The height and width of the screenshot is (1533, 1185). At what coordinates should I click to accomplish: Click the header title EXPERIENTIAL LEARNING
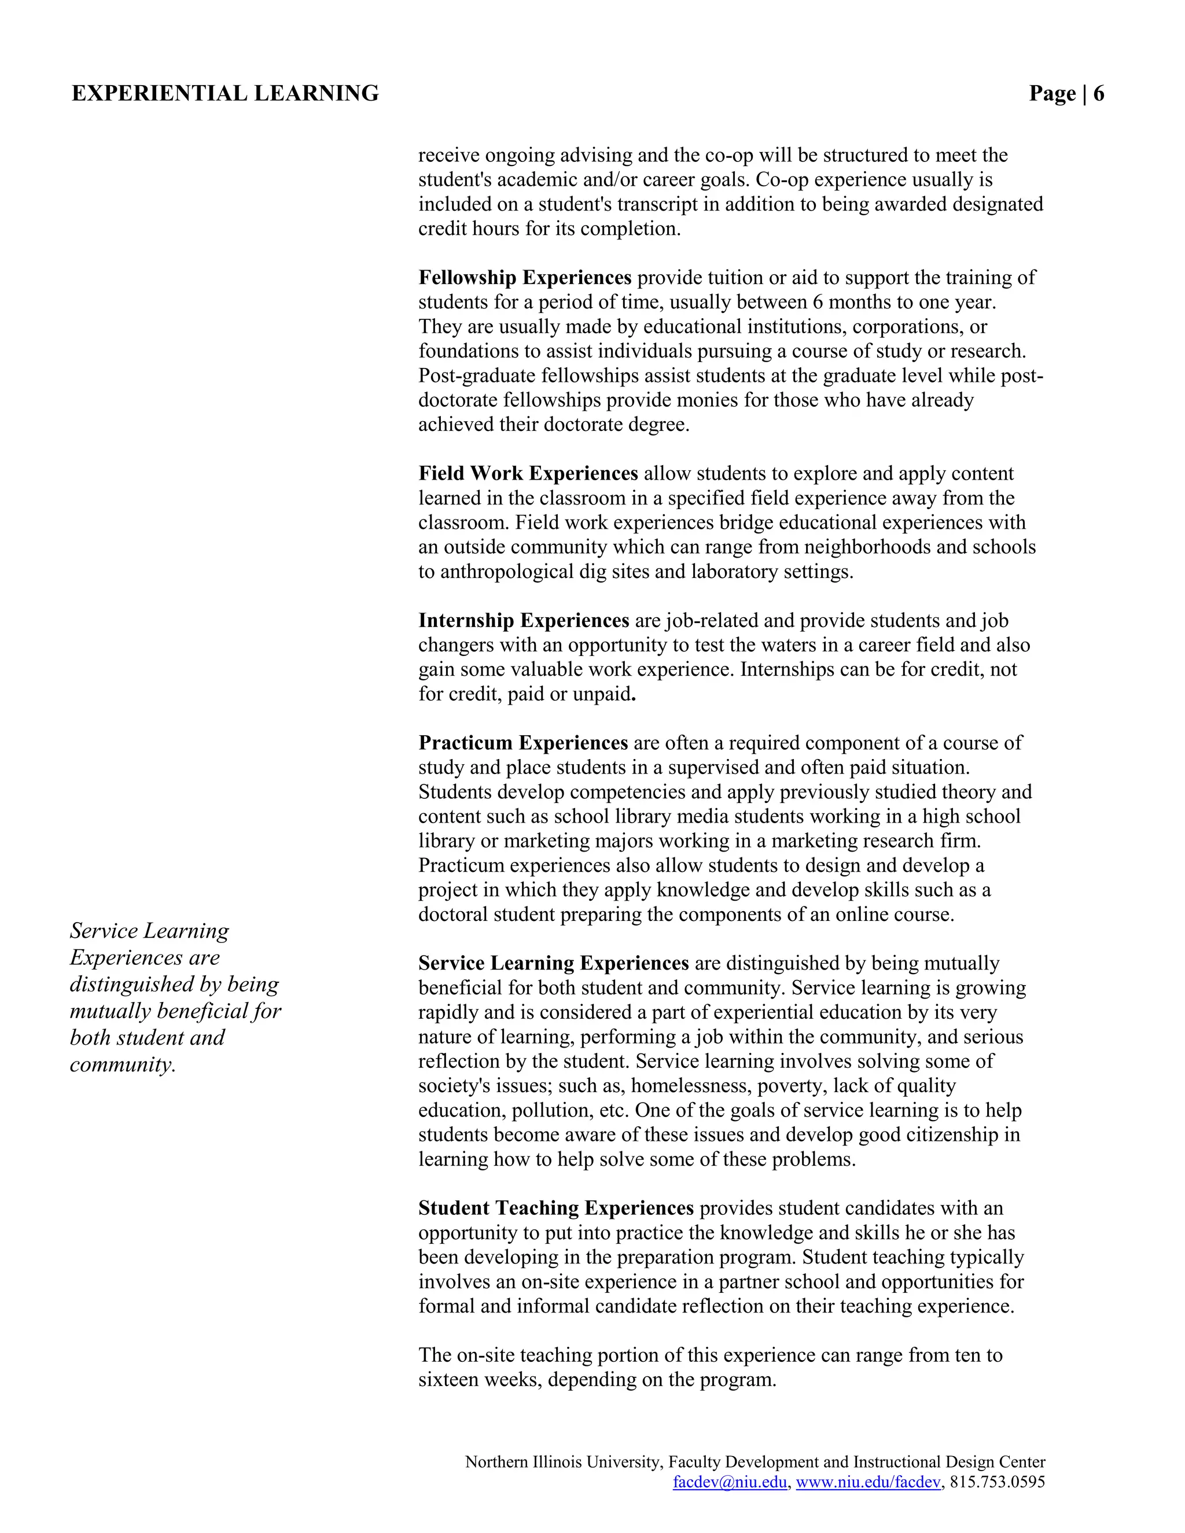click(225, 93)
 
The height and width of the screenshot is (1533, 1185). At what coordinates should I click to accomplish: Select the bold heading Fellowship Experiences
click(524, 278)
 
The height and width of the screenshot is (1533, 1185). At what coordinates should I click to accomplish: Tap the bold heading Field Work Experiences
click(528, 474)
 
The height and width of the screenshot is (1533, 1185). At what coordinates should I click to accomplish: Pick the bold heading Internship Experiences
click(524, 621)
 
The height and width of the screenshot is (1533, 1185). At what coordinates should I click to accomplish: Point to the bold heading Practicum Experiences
click(523, 743)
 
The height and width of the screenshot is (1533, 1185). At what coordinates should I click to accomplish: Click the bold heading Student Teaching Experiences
click(555, 1208)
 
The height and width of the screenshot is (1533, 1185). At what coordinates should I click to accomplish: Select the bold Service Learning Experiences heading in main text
click(553, 963)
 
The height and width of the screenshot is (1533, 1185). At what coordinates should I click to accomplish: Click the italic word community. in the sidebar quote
click(122, 1065)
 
